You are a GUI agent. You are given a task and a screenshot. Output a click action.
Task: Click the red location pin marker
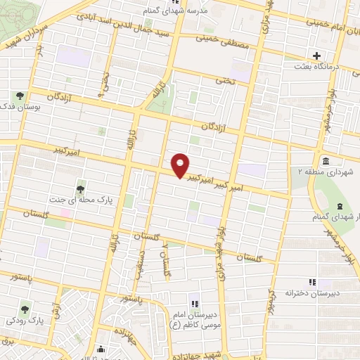181,165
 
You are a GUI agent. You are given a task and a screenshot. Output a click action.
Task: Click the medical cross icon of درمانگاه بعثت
316,55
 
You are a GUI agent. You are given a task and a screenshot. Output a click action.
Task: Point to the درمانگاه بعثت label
316,66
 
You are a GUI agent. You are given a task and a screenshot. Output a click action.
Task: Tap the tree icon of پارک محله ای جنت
82,187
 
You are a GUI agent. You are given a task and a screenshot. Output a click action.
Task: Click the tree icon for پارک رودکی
25,308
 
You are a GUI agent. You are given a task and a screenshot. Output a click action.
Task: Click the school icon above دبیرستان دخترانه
312,282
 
